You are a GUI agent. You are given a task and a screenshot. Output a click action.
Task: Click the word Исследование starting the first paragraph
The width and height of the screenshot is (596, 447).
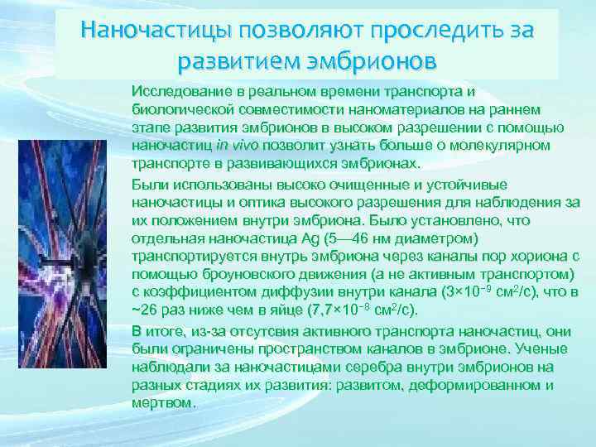pyautogui.click(x=176, y=90)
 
